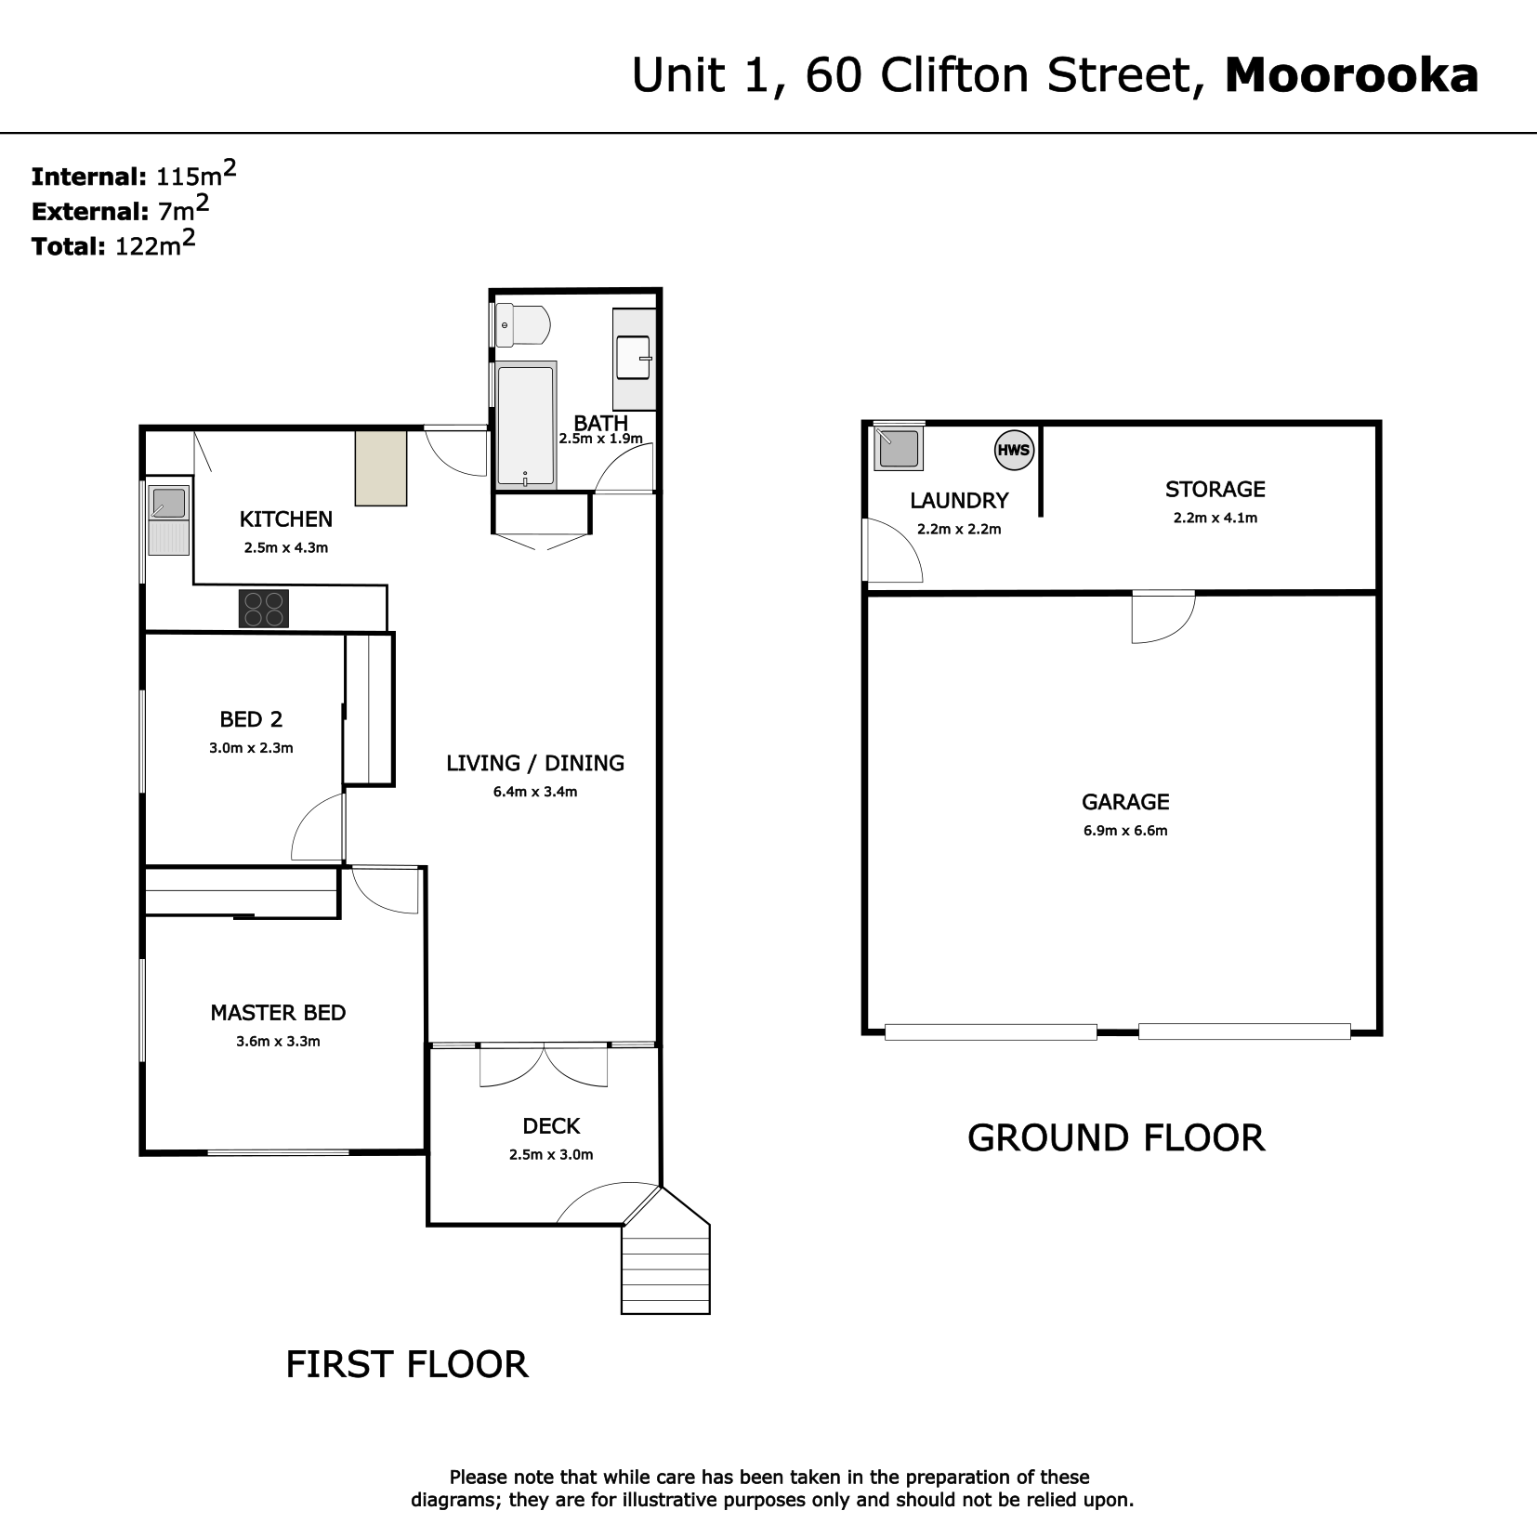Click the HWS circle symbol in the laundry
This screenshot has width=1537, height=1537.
click(x=1014, y=451)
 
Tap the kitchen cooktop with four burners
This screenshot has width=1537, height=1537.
click(x=263, y=609)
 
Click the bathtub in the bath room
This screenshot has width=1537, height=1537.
click(x=526, y=425)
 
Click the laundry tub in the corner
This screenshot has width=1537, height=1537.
click(x=899, y=448)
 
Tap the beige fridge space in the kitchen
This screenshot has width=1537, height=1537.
click(x=381, y=467)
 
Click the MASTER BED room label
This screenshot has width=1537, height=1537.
click(x=278, y=1013)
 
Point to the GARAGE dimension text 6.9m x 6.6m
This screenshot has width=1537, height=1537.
click(x=1125, y=831)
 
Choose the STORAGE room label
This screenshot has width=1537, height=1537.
click(x=1215, y=489)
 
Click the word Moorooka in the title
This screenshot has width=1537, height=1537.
click(x=1352, y=75)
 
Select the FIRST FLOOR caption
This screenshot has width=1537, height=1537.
click(x=407, y=1364)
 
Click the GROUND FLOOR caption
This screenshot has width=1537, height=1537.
click(x=1116, y=1137)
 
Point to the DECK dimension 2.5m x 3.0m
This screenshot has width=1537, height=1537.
click(x=551, y=1155)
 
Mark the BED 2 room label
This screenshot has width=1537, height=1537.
click(x=251, y=718)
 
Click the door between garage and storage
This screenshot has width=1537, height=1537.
click(x=1163, y=616)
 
